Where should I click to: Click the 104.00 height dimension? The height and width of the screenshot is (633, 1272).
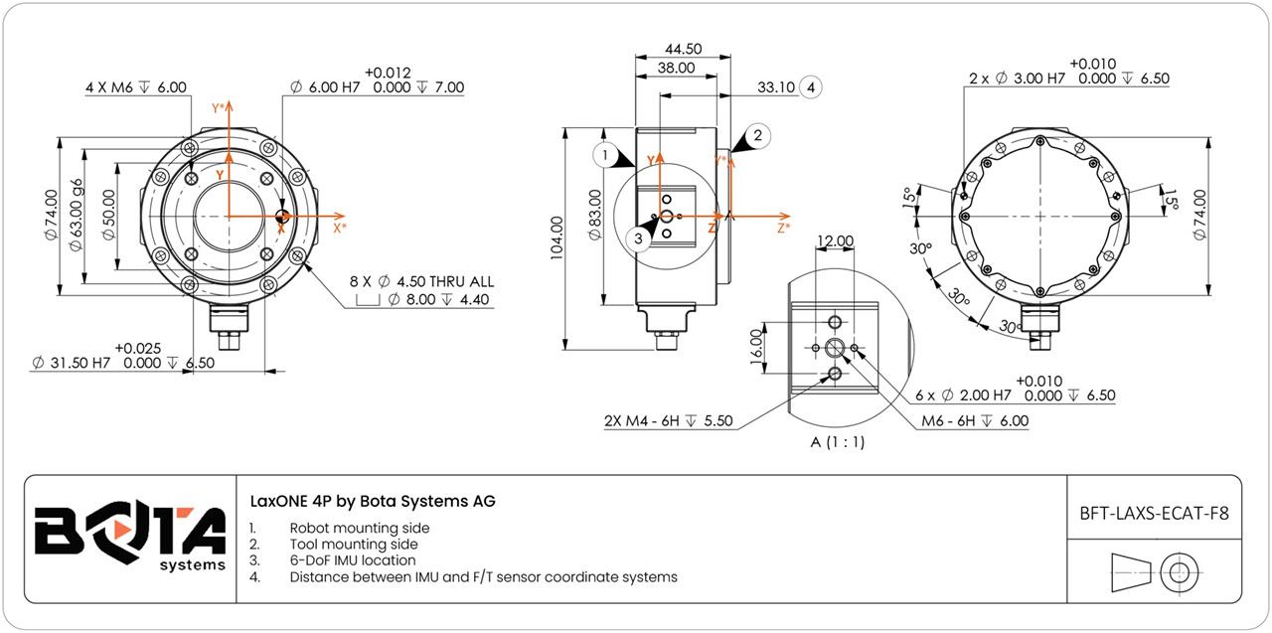556,238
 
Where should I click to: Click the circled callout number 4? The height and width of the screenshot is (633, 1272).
812,87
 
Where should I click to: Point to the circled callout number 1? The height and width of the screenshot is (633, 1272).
604,154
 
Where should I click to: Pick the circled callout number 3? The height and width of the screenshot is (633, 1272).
641,238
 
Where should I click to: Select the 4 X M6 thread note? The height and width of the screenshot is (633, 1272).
136,87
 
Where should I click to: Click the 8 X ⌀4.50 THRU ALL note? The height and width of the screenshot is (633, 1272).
421,282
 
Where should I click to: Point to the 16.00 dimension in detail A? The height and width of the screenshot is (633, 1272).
756,347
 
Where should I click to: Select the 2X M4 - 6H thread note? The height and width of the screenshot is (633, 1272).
668,420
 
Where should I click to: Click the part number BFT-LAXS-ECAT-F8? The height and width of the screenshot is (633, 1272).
1154,514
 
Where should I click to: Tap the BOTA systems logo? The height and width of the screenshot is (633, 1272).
129,538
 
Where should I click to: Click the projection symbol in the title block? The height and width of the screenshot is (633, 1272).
1154,571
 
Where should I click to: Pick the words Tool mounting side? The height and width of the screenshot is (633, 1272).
354,545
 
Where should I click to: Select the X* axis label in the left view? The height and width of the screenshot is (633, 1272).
339,228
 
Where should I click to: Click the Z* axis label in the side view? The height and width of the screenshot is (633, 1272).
784,228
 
